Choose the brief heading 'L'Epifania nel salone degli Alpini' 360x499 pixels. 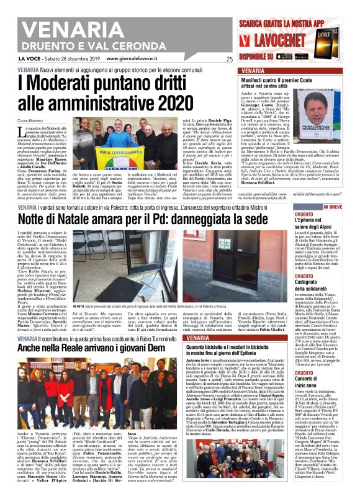328,221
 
